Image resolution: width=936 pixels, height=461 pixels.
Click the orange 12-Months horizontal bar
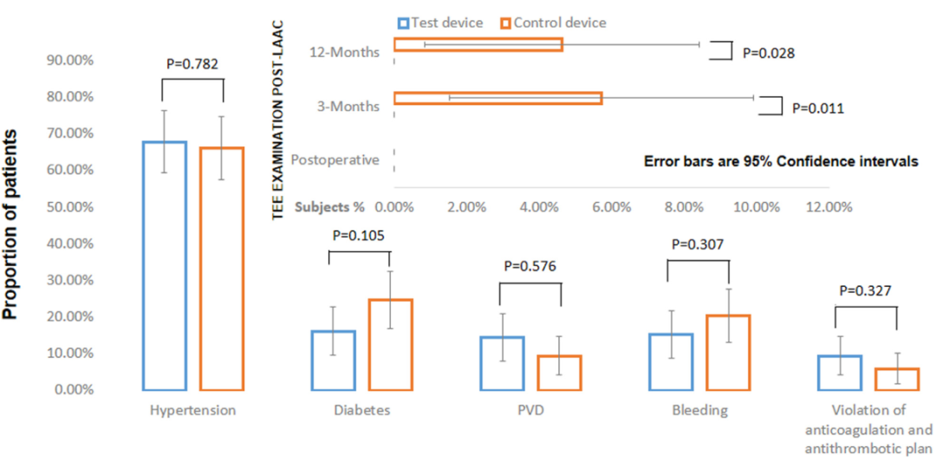click(x=478, y=44)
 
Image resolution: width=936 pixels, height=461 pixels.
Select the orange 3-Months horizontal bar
click(x=497, y=98)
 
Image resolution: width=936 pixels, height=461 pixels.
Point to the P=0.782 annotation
click(x=192, y=63)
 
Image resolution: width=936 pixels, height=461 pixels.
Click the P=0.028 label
click(x=769, y=53)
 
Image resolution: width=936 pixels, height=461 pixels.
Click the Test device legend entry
click(x=439, y=23)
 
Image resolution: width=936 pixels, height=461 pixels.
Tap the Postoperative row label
click(x=335, y=160)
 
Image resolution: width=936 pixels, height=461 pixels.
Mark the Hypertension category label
click(x=192, y=410)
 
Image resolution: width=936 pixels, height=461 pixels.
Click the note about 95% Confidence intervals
click(x=781, y=161)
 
